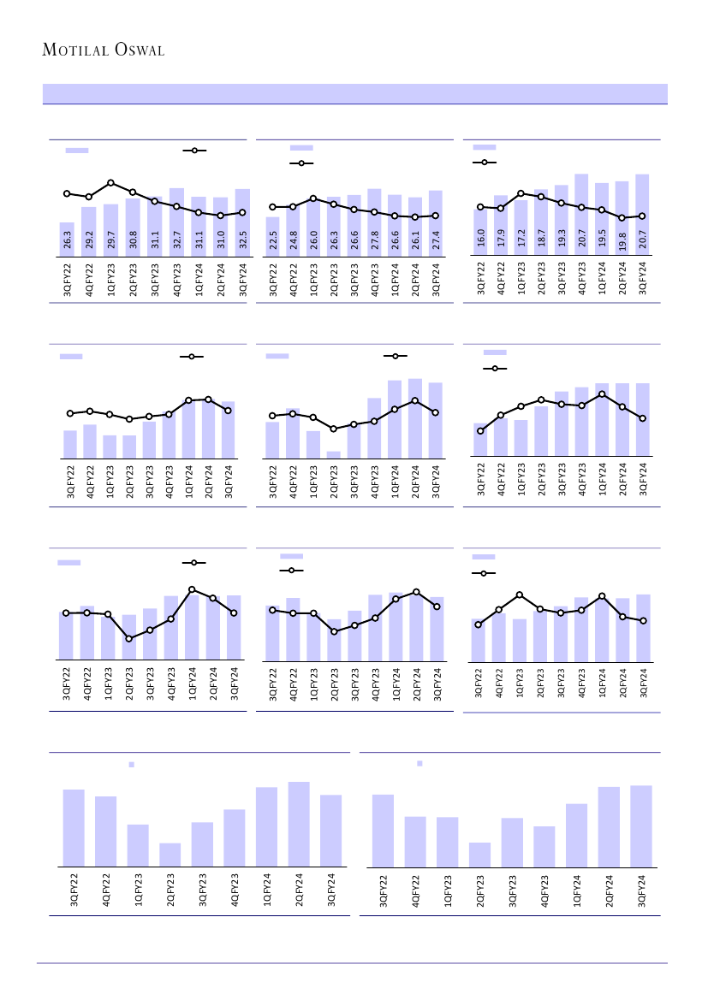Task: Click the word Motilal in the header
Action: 74,50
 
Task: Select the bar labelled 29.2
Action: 89,230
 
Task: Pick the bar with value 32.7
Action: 176,221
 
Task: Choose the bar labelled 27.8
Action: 374,221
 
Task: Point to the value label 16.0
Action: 480,238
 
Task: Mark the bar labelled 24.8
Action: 294,230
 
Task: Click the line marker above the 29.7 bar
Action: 111,182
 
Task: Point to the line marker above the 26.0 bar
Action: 313,198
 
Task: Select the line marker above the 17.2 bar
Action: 521,193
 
